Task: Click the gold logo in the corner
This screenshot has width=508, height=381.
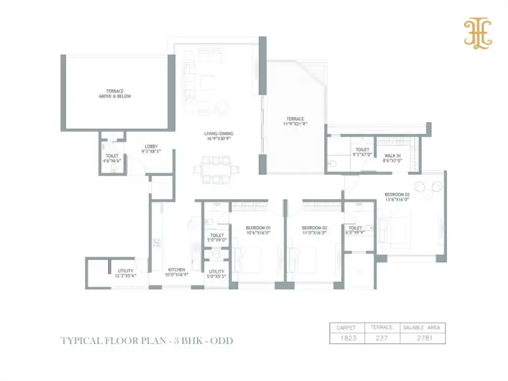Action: (478, 34)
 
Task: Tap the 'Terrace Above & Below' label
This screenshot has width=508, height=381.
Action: (115, 94)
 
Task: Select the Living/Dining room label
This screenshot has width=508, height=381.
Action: (218, 137)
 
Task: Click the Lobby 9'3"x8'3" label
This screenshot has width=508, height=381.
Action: (151, 149)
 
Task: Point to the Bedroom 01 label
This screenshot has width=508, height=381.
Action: (258, 230)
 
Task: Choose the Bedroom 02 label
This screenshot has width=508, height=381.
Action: (314, 230)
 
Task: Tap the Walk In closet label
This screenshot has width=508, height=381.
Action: (392, 158)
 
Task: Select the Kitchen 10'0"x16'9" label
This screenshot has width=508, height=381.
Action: (176, 273)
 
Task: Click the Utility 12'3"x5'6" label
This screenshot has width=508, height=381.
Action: (125, 273)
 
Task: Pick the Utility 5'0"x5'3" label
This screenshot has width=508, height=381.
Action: (216, 274)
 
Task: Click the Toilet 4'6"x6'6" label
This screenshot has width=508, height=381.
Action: (112, 158)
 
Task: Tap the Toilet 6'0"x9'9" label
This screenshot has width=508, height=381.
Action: (355, 230)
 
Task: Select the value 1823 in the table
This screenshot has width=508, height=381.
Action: (347, 338)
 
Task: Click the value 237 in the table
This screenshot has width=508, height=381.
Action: (382, 338)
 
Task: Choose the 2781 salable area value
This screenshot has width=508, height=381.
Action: (422, 338)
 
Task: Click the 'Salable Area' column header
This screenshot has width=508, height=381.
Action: (422, 328)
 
